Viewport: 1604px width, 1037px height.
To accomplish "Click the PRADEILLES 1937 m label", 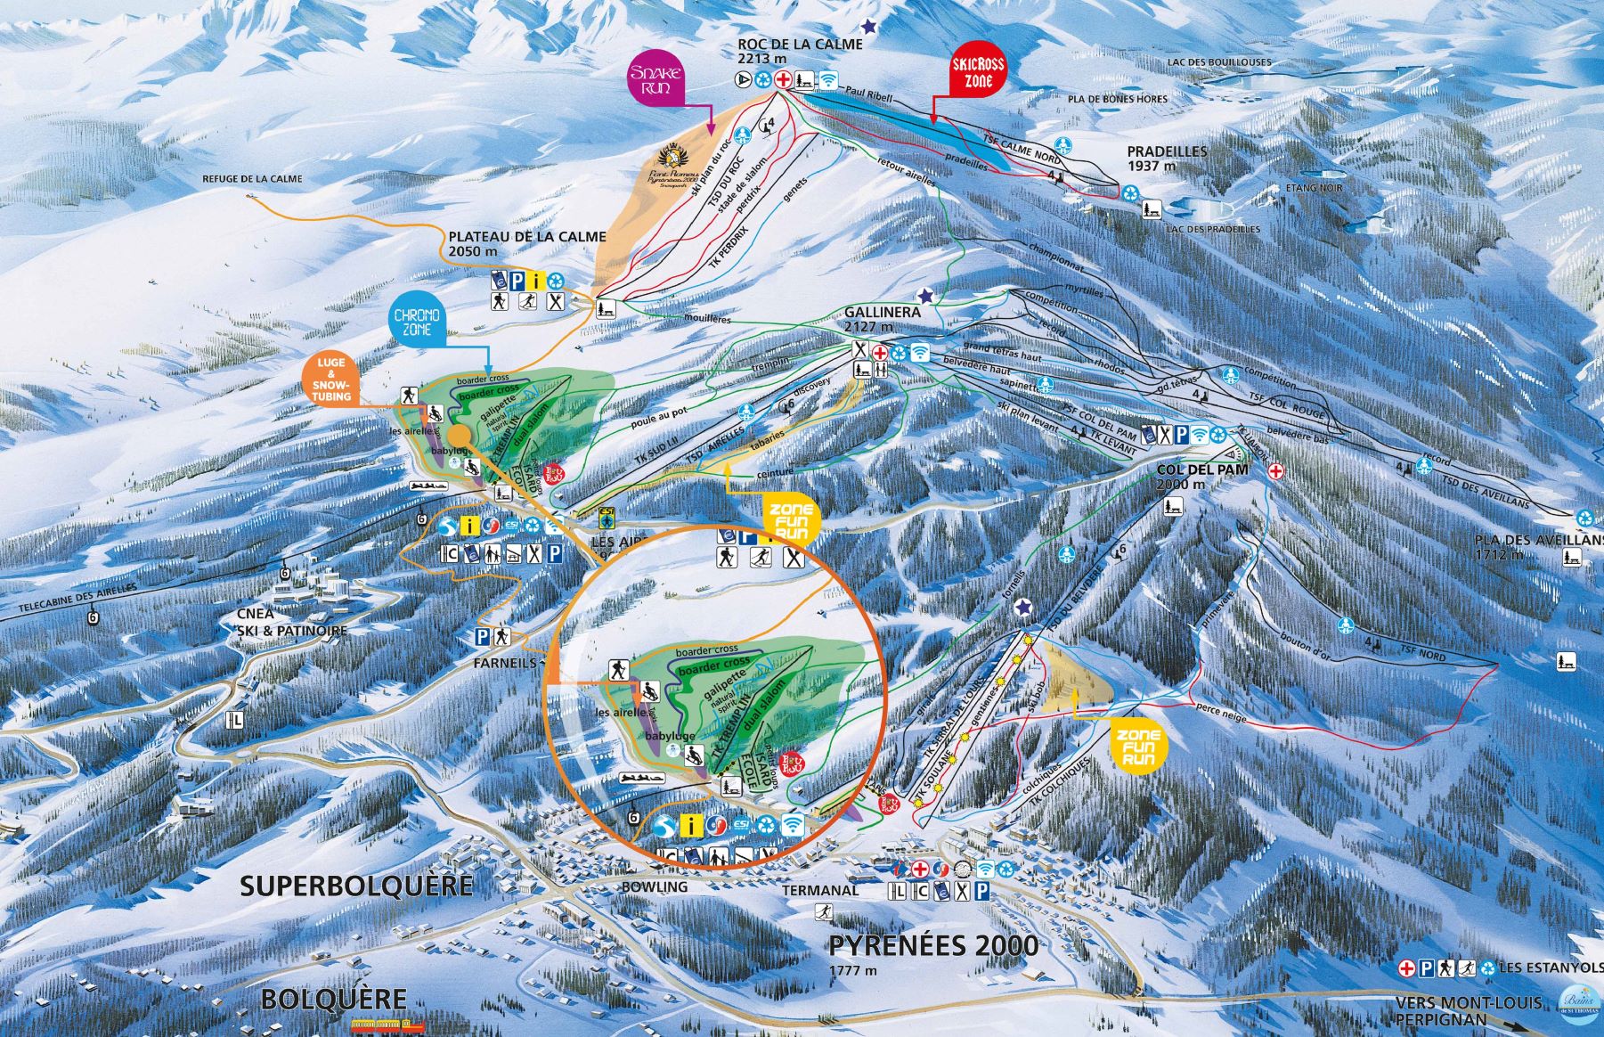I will (x=1167, y=158).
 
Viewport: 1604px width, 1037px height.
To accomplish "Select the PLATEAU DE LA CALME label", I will (x=526, y=243).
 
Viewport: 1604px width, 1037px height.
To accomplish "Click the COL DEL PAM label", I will (x=1193, y=476).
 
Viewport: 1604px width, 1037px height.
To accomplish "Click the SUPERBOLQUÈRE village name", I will (x=356, y=885).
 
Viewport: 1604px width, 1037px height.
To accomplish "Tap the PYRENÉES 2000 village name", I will (x=933, y=946).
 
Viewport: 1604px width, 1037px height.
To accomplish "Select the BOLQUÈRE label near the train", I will (x=333, y=1000).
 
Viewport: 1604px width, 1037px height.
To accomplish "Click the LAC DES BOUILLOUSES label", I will (x=1219, y=62).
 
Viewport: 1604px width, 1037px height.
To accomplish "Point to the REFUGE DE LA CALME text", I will (x=252, y=179).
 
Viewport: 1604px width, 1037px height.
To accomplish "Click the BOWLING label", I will (x=655, y=887).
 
